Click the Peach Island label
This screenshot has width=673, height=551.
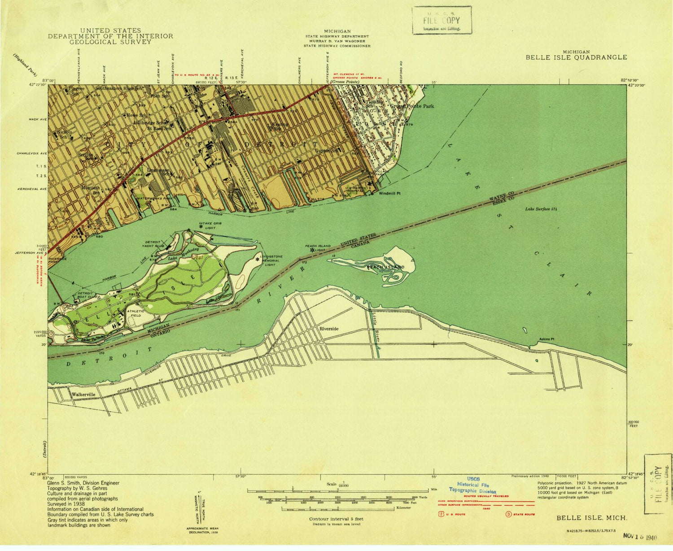coord(386,267)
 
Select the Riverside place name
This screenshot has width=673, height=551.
coord(329,329)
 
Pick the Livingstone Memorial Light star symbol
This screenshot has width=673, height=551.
coord(258,259)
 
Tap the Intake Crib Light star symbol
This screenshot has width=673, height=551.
coord(201,226)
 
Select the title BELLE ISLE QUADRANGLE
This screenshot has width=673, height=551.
coord(576,57)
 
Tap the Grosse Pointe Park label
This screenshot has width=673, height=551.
coord(412,106)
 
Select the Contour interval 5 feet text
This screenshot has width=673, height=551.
coord(336,519)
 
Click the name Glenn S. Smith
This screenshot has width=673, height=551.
coord(73,483)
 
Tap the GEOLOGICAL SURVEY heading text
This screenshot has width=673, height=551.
coord(110,42)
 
